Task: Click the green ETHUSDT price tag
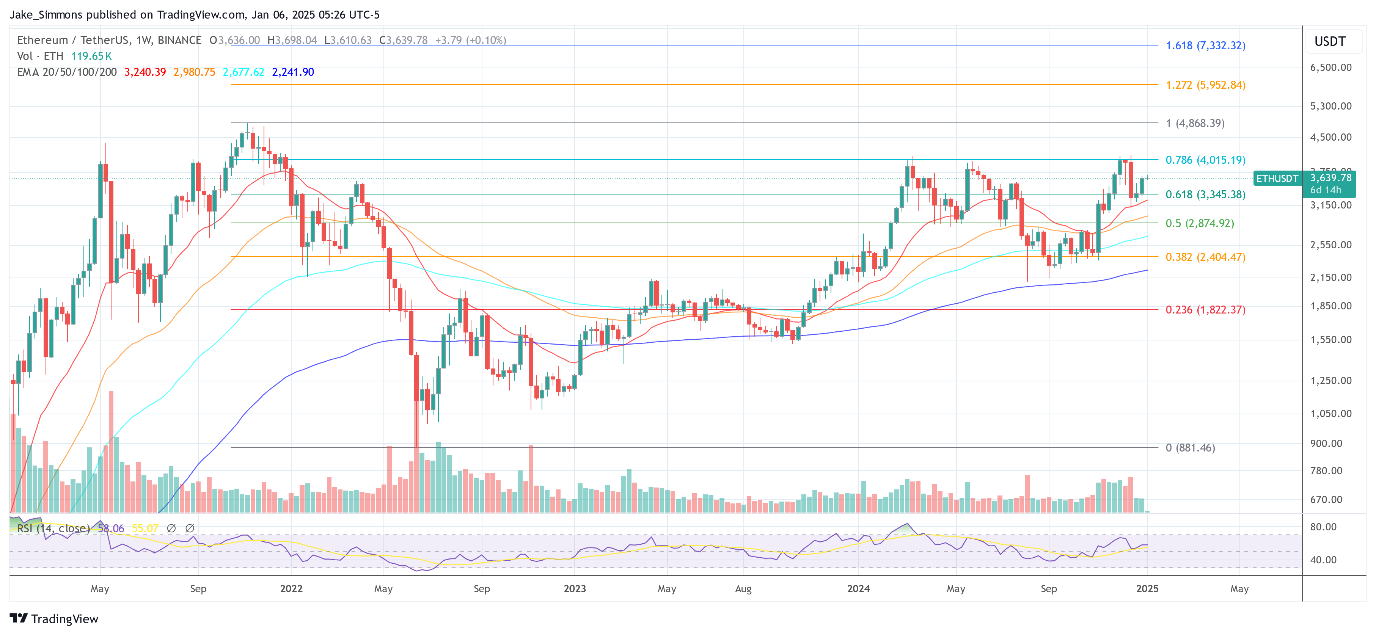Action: pos(1277,179)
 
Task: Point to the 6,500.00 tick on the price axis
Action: pos(1330,67)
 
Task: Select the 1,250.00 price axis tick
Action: pos(1330,381)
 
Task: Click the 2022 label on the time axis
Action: pos(291,588)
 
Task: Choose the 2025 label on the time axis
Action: pos(1147,588)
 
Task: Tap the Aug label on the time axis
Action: pos(743,588)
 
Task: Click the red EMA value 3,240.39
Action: pos(145,72)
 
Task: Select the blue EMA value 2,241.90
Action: pos(293,72)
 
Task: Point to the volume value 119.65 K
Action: pos(91,56)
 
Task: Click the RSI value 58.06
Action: pos(111,528)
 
